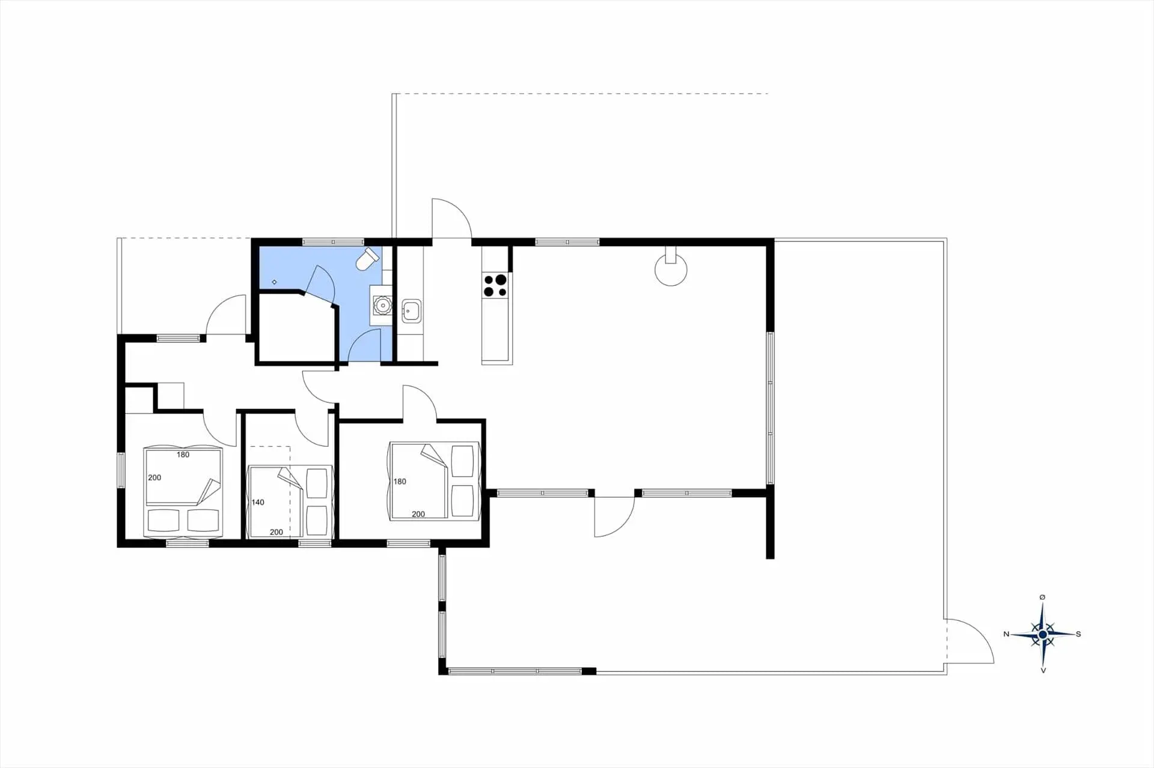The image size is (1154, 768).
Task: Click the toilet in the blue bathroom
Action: (368, 259)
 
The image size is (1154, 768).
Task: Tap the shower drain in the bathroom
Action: (275, 282)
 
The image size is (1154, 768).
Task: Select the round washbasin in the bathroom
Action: (382, 306)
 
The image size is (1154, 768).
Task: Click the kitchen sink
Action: (411, 311)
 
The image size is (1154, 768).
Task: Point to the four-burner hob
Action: (496, 285)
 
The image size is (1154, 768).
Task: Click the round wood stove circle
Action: (671, 270)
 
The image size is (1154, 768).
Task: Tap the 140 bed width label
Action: (258, 503)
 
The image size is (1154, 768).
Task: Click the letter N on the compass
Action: (1007, 634)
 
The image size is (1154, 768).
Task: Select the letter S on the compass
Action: (1078, 634)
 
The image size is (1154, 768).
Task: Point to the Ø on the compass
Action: (1042, 597)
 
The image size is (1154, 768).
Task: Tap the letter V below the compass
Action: (1043, 670)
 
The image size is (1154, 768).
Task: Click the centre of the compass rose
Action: (1043, 634)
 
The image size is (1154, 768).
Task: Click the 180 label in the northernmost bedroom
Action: (183, 455)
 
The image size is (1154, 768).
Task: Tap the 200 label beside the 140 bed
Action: (276, 532)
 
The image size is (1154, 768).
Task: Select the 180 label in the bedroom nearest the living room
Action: (400, 482)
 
